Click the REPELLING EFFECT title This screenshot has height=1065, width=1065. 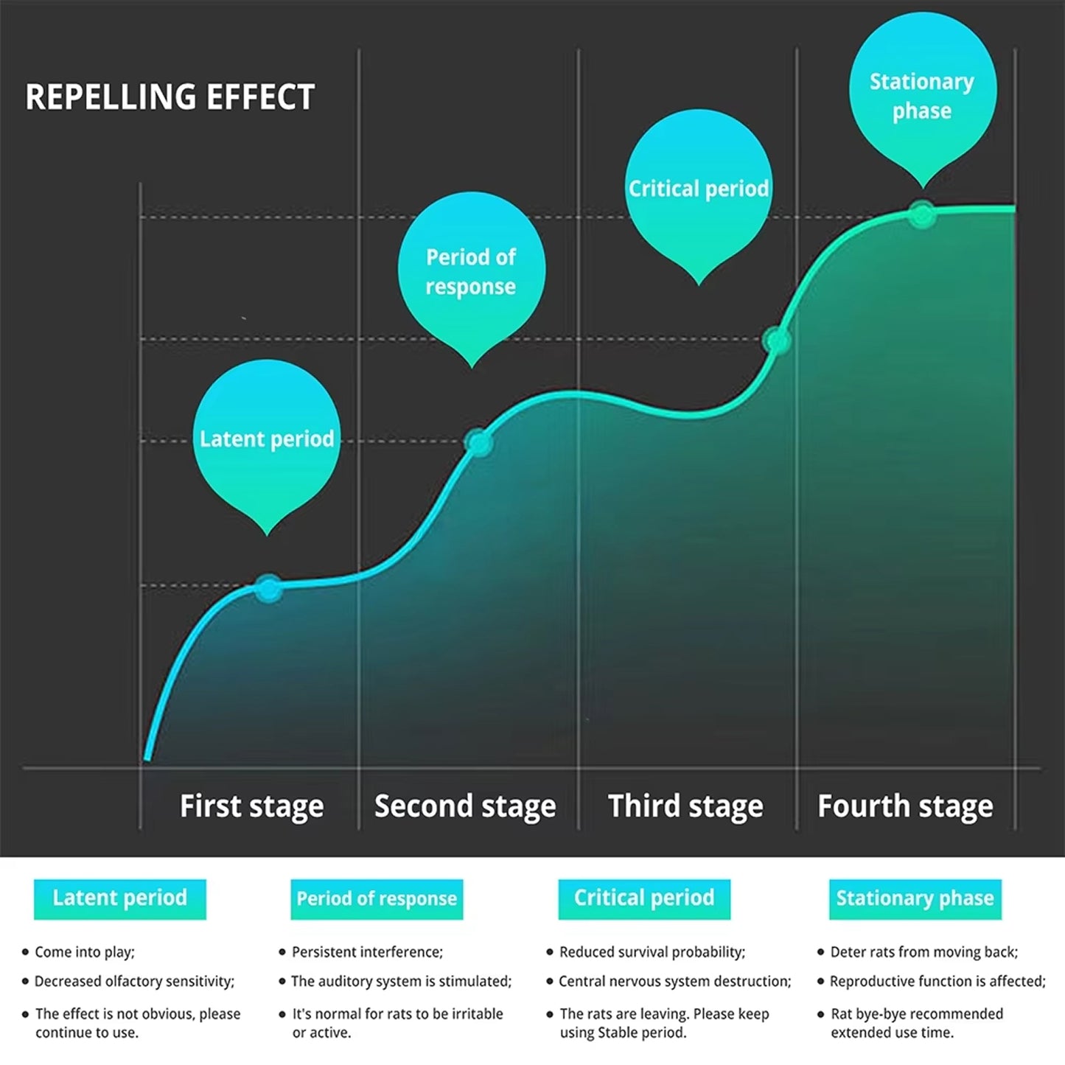click(x=170, y=97)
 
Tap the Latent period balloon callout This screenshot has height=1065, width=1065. click(x=267, y=438)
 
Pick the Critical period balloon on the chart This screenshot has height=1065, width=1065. click(x=699, y=189)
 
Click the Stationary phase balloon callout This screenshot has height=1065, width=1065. click(x=922, y=95)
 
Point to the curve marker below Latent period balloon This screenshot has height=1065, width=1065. click(x=268, y=588)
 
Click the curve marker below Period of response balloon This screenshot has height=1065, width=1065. click(x=479, y=442)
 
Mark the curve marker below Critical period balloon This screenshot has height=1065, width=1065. click(x=777, y=341)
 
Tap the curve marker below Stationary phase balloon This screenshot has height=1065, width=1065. click(x=922, y=214)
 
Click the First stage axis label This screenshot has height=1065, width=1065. click(x=251, y=806)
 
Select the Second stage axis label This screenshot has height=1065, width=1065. click(x=465, y=806)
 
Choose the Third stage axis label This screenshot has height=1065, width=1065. click(x=685, y=806)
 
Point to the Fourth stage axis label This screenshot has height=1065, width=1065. click(x=905, y=806)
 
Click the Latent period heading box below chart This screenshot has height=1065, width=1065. click(x=120, y=898)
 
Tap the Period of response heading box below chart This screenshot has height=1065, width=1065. click(x=377, y=898)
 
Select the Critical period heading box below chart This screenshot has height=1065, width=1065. click(x=644, y=898)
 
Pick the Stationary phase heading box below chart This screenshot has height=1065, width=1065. click(x=915, y=898)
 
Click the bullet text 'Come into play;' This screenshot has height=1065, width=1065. click(x=85, y=952)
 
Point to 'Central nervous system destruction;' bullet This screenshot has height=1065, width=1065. click(x=674, y=982)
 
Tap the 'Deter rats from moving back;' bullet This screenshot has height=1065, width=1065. click(x=923, y=952)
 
